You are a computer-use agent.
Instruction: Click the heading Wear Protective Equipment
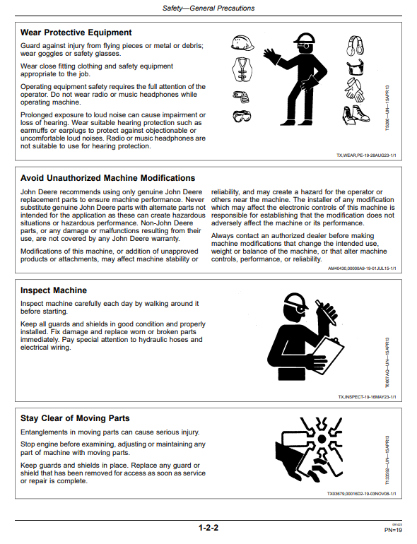coord(76,32)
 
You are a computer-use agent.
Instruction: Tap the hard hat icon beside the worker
coord(242,42)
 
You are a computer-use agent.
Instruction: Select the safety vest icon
coord(242,69)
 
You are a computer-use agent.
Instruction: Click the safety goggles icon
coord(242,116)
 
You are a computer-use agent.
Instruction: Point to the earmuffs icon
coord(356,45)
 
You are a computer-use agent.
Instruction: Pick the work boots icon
coord(356,115)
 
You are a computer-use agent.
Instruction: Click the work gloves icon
coord(355,90)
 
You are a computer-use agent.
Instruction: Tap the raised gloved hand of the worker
coord(270,57)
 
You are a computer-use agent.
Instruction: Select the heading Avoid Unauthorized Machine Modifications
coord(107,178)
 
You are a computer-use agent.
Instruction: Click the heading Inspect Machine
coord(54,290)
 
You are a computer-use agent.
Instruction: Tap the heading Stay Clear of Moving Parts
coord(75,418)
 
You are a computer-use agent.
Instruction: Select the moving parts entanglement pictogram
coord(310,450)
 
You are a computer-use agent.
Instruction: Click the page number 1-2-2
coord(208,528)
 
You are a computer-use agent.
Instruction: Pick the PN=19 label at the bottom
coord(393,530)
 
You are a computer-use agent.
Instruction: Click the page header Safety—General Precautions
coord(208,8)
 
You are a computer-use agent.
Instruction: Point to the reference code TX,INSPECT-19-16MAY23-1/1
coord(367,397)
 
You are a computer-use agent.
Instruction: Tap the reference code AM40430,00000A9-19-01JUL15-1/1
coord(362,268)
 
